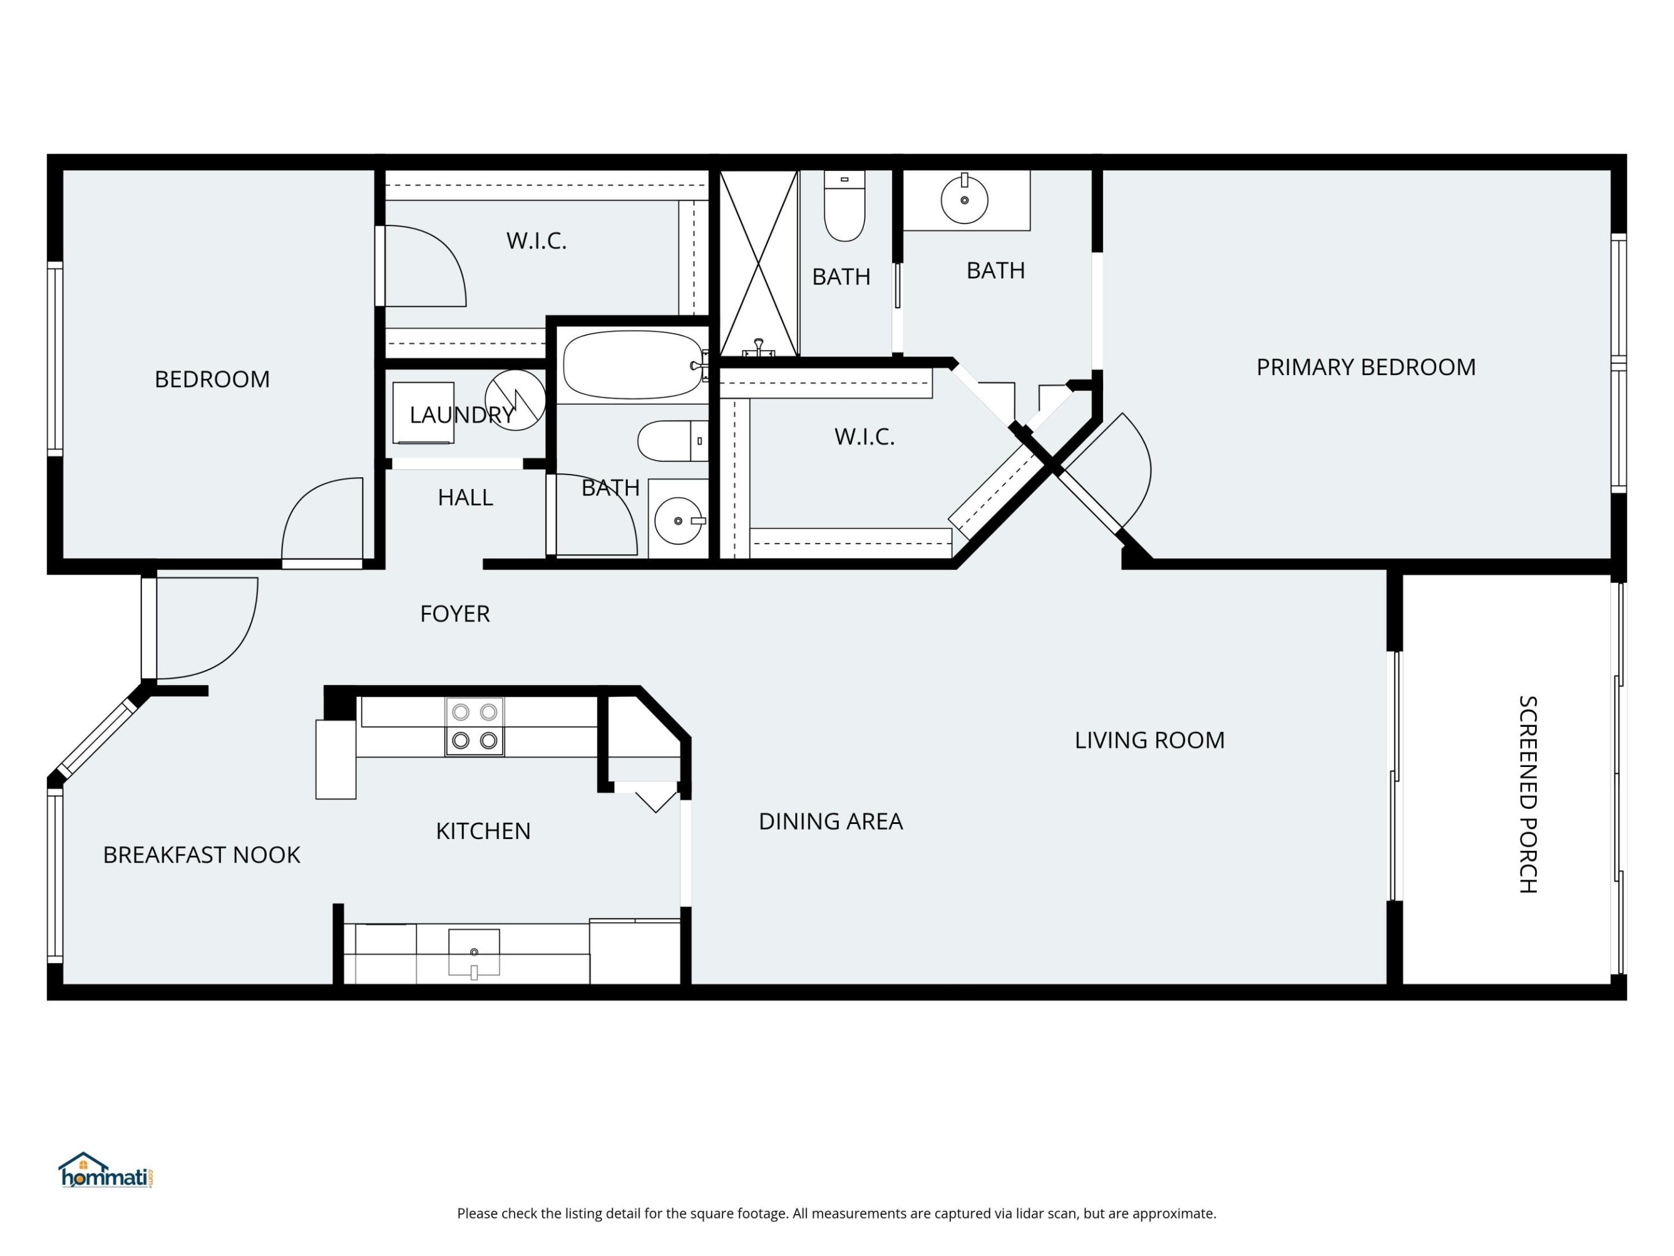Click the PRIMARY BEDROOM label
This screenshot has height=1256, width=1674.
(x=1365, y=367)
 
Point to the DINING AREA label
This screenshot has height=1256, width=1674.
(x=830, y=822)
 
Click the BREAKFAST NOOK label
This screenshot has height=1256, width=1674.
(x=201, y=855)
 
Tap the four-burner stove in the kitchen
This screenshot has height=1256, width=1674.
(x=474, y=727)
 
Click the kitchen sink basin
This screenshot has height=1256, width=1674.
(x=474, y=952)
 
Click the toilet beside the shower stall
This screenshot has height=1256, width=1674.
(x=844, y=206)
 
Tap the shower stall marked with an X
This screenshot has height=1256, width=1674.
(x=759, y=263)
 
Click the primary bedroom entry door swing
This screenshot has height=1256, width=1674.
(x=1113, y=473)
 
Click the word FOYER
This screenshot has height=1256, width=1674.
(x=455, y=614)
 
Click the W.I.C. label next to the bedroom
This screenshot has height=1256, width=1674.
(x=536, y=241)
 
